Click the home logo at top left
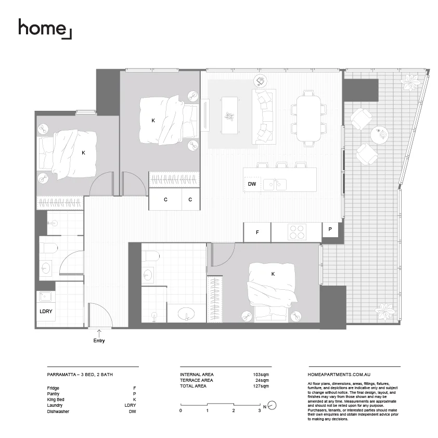(45, 28)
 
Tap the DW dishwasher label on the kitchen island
(252, 184)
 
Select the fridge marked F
(257, 233)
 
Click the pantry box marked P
(330, 229)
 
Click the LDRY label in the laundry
(46, 312)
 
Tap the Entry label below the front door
(99, 341)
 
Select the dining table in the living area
(309, 117)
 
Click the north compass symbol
(272, 406)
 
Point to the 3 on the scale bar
(260, 411)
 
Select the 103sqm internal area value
(260, 375)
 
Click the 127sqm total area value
(260, 386)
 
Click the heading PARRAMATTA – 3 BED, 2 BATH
(80, 375)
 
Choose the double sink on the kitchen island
(275, 185)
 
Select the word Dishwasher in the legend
(58, 411)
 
